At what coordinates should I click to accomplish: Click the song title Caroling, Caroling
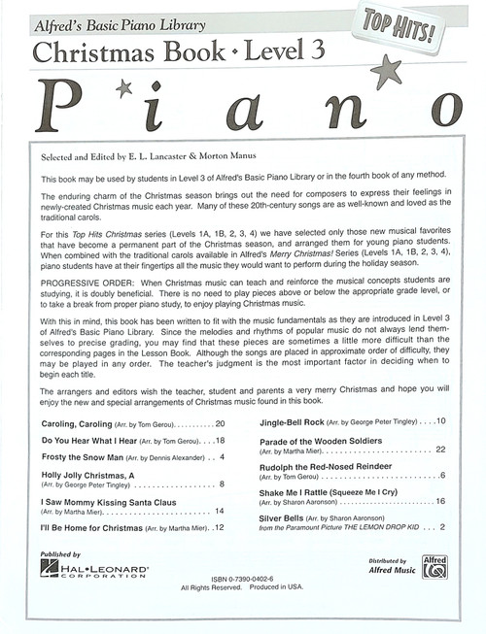[82, 423]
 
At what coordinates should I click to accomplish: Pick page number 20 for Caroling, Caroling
[220, 423]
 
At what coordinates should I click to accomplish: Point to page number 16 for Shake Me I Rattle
[440, 501]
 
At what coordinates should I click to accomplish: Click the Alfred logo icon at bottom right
[434, 566]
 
